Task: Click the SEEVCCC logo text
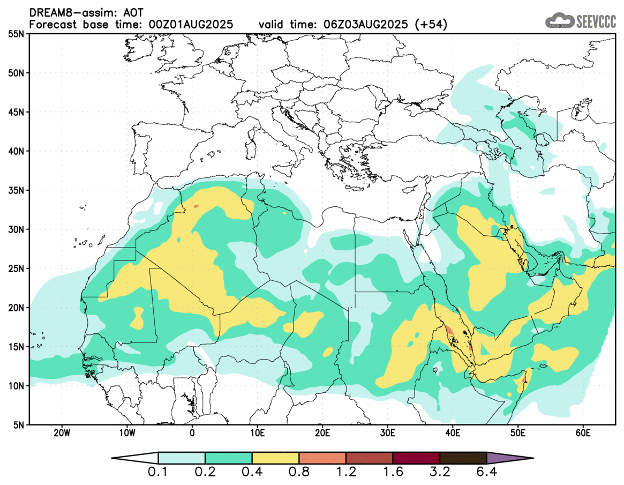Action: pyautogui.click(x=595, y=21)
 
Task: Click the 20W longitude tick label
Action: pyautogui.click(x=62, y=433)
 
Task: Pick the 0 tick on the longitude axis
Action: pyautogui.click(x=192, y=433)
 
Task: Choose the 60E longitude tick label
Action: pyautogui.click(x=583, y=433)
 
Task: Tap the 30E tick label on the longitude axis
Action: pyautogui.click(x=387, y=433)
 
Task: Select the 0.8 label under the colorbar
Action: pyautogui.click(x=299, y=473)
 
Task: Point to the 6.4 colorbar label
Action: pyautogui.click(x=486, y=473)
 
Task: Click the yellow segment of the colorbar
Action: pyautogui.click(x=275, y=459)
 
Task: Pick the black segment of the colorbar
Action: pyautogui.click(x=463, y=459)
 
